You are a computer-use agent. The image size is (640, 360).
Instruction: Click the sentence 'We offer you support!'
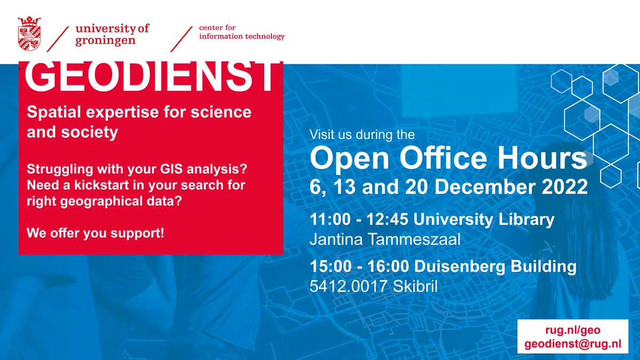click(x=95, y=234)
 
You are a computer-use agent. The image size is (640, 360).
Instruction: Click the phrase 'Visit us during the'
click(x=362, y=135)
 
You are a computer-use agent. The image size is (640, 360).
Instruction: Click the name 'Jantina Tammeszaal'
click(x=385, y=239)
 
